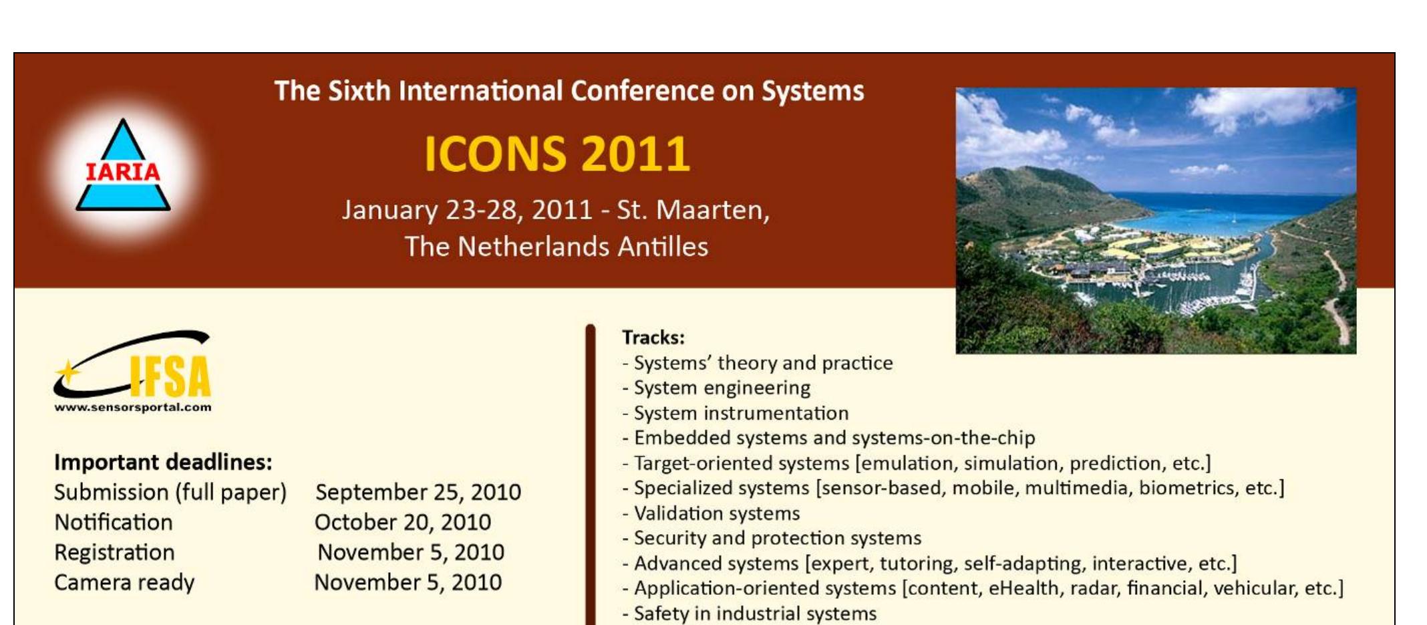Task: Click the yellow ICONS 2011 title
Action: coord(557,154)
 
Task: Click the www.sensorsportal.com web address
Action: coord(133,407)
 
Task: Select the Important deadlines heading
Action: coord(163,462)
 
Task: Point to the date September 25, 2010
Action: coord(418,492)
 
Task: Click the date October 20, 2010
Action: coord(403,522)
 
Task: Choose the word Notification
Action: coord(114,522)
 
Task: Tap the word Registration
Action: coord(114,553)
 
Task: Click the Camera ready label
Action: coord(124,583)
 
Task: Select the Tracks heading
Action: coord(653,338)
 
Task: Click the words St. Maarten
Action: coord(693,210)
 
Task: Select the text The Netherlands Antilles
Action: coord(557,247)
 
